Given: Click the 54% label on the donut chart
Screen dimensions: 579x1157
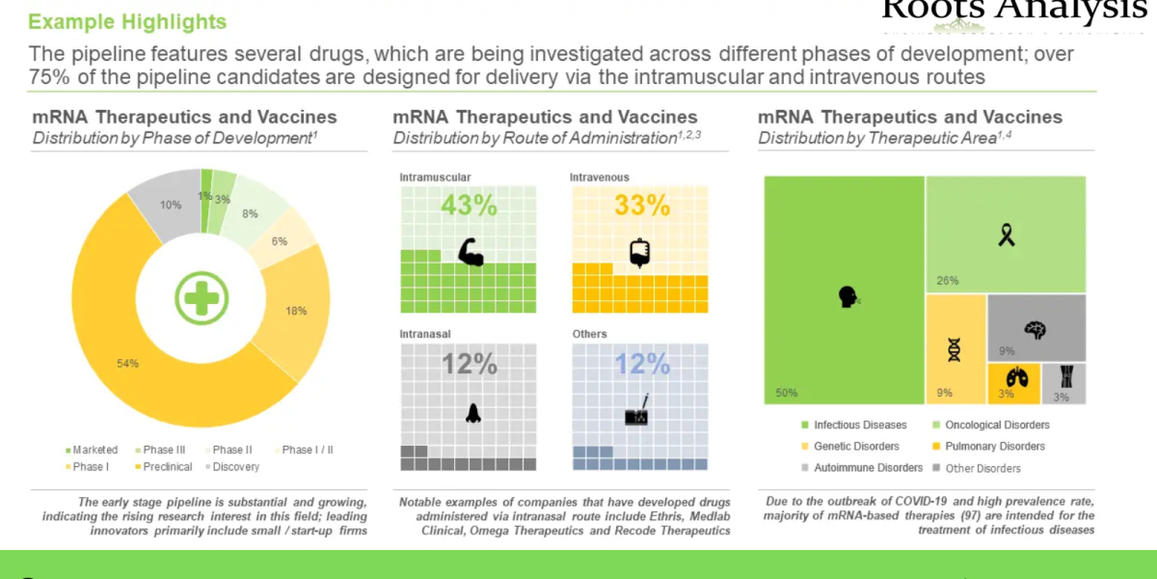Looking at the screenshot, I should tap(128, 363).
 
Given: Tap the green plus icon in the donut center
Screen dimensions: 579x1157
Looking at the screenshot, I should tap(201, 296).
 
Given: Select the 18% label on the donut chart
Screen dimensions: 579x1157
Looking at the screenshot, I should tap(296, 311).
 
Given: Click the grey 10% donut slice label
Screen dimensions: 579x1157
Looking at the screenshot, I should tap(171, 205).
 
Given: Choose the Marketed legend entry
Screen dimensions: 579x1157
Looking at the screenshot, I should tap(92, 450).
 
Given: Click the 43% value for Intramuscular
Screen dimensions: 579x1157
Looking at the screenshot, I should tap(469, 206).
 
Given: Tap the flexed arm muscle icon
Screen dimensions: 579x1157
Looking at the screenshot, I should tap(471, 251).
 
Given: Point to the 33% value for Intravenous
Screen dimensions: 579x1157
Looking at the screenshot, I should tap(642, 206).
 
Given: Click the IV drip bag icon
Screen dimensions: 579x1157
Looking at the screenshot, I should tap(638, 251).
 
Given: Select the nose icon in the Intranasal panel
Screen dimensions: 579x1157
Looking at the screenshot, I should tap(472, 413).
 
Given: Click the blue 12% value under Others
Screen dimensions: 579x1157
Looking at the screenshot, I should tap(642, 364).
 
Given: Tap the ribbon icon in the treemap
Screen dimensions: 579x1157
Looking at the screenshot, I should tap(1006, 234).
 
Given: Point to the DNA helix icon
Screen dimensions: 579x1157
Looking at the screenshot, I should tap(955, 348).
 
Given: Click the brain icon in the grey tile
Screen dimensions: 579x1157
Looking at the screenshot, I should tap(1036, 330).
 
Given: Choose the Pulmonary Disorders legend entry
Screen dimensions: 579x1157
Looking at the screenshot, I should tap(993, 446).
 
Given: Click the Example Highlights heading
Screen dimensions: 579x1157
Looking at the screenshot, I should tap(128, 21).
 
